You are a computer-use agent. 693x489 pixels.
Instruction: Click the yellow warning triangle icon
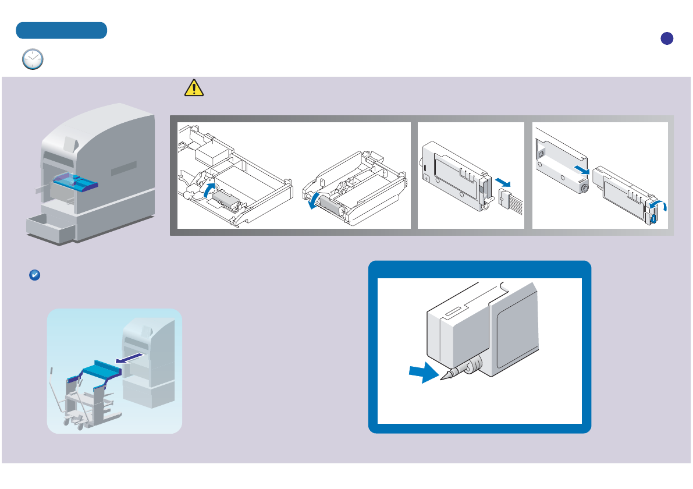pyautogui.click(x=194, y=87)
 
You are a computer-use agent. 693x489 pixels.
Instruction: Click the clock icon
pyautogui.click(x=33, y=59)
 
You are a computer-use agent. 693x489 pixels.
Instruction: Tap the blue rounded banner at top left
pyautogui.click(x=61, y=30)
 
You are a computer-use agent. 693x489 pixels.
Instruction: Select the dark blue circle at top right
pyautogui.click(x=667, y=38)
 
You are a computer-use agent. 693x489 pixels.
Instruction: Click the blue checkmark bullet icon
pyautogui.click(x=34, y=276)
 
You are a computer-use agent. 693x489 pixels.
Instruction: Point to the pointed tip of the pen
pyautogui.click(x=442, y=378)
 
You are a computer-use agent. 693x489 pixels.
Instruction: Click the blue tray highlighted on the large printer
pyautogui.click(x=76, y=182)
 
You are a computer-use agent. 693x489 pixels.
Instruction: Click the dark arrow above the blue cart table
pyautogui.click(x=129, y=357)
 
